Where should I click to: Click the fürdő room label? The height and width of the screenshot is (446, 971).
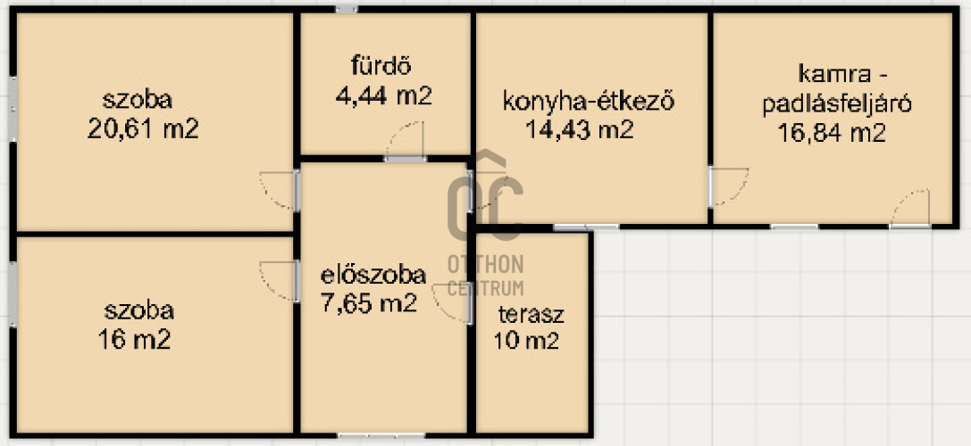(381, 65)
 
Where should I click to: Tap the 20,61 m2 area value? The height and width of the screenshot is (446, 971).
(143, 129)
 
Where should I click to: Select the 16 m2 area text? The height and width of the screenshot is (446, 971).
(134, 339)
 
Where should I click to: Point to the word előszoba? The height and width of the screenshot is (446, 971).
(372, 275)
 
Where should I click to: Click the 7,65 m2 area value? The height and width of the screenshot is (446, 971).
(369, 303)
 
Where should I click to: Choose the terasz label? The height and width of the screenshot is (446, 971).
(532, 314)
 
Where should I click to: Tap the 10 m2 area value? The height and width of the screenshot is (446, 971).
(526, 340)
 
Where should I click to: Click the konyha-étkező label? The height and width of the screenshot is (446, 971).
(588, 101)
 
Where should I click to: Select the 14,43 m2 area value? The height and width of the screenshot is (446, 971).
(580, 129)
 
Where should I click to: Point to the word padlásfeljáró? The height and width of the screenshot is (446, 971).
(837, 104)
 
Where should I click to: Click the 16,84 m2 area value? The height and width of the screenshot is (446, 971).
(832, 133)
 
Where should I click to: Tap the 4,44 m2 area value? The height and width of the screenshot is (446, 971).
(383, 95)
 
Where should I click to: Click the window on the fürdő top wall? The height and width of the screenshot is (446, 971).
(347, 9)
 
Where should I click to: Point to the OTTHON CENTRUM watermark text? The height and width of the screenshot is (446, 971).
(486, 276)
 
